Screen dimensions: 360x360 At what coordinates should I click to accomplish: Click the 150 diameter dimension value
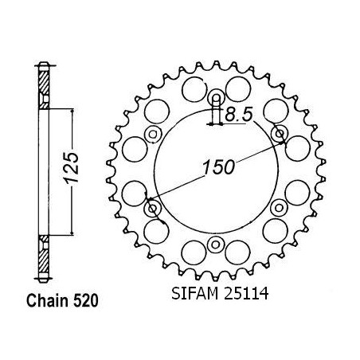(219, 167)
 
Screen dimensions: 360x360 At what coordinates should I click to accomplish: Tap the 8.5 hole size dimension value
(238, 115)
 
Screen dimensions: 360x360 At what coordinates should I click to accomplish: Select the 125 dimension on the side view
(72, 168)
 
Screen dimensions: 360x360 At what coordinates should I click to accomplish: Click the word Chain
(48, 301)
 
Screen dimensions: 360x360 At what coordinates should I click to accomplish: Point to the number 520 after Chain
(85, 301)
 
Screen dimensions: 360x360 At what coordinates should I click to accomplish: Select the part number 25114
(246, 294)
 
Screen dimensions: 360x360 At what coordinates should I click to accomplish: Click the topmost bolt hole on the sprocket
(217, 99)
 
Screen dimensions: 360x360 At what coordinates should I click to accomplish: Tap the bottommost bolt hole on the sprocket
(215, 245)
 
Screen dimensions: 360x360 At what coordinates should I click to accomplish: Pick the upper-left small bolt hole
(153, 134)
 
